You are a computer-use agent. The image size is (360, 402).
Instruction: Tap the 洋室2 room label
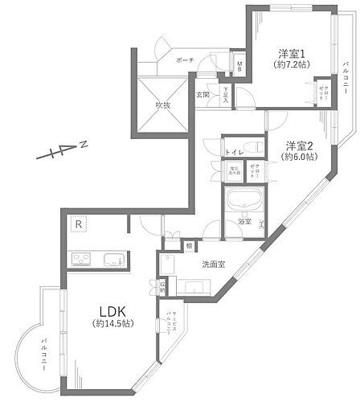pyautogui.click(x=299, y=146)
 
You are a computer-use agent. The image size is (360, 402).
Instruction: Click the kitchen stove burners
pyautogui.click(x=83, y=259)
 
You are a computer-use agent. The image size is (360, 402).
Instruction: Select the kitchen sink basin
pyautogui.click(x=113, y=259)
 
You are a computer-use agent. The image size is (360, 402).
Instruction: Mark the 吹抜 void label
pyautogui.click(x=162, y=105)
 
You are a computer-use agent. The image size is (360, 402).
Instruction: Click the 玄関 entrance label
pyautogui.click(x=202, y=95)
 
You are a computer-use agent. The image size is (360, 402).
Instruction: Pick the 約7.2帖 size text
pyautogui.click(x=290, y=64)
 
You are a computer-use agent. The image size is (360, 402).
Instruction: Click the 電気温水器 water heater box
pyautogui.click(x=234, y=170)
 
